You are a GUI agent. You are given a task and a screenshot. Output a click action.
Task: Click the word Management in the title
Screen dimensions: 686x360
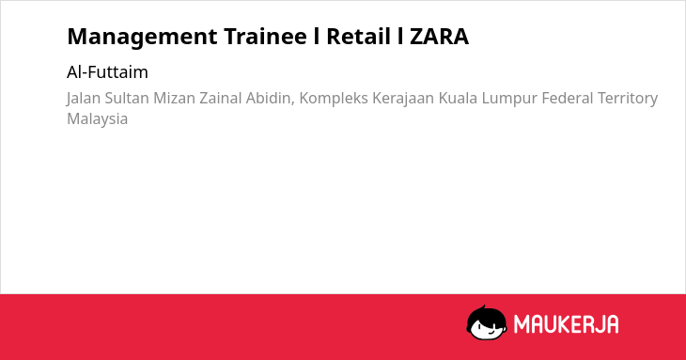(142, 38)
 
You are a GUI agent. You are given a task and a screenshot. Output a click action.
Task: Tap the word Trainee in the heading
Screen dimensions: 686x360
(266, 37)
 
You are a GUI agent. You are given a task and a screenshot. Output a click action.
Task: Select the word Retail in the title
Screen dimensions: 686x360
(358, 37)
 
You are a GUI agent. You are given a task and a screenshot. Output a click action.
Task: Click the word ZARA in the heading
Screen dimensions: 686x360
(439, 37)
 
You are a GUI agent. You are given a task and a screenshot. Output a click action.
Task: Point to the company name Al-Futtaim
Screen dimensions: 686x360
(108, 72)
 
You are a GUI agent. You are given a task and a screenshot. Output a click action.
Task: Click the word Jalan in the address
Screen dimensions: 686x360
(84, 99)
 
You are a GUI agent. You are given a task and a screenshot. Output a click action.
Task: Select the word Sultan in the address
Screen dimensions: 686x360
(127, 99)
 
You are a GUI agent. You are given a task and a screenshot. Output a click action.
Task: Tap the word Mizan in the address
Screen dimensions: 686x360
(174, 99)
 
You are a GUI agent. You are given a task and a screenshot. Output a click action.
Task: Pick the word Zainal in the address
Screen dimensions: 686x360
(221, 99)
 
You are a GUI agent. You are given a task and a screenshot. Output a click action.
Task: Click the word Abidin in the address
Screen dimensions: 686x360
(270, 99)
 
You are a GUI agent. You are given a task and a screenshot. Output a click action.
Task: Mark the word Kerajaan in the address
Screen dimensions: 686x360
(403, 99)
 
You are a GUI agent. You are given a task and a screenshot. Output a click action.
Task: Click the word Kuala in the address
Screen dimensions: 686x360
(458, 99)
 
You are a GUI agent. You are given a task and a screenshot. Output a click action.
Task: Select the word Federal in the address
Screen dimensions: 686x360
(567, 99)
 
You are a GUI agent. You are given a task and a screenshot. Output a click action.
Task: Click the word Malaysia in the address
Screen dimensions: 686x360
(98, 119)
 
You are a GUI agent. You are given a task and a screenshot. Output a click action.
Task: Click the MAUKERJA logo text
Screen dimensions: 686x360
(566, 324)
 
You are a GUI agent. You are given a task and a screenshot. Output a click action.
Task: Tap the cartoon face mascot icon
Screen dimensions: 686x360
(487, 322)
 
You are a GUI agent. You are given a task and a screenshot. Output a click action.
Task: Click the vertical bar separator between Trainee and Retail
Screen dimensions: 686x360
(317, 37)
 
